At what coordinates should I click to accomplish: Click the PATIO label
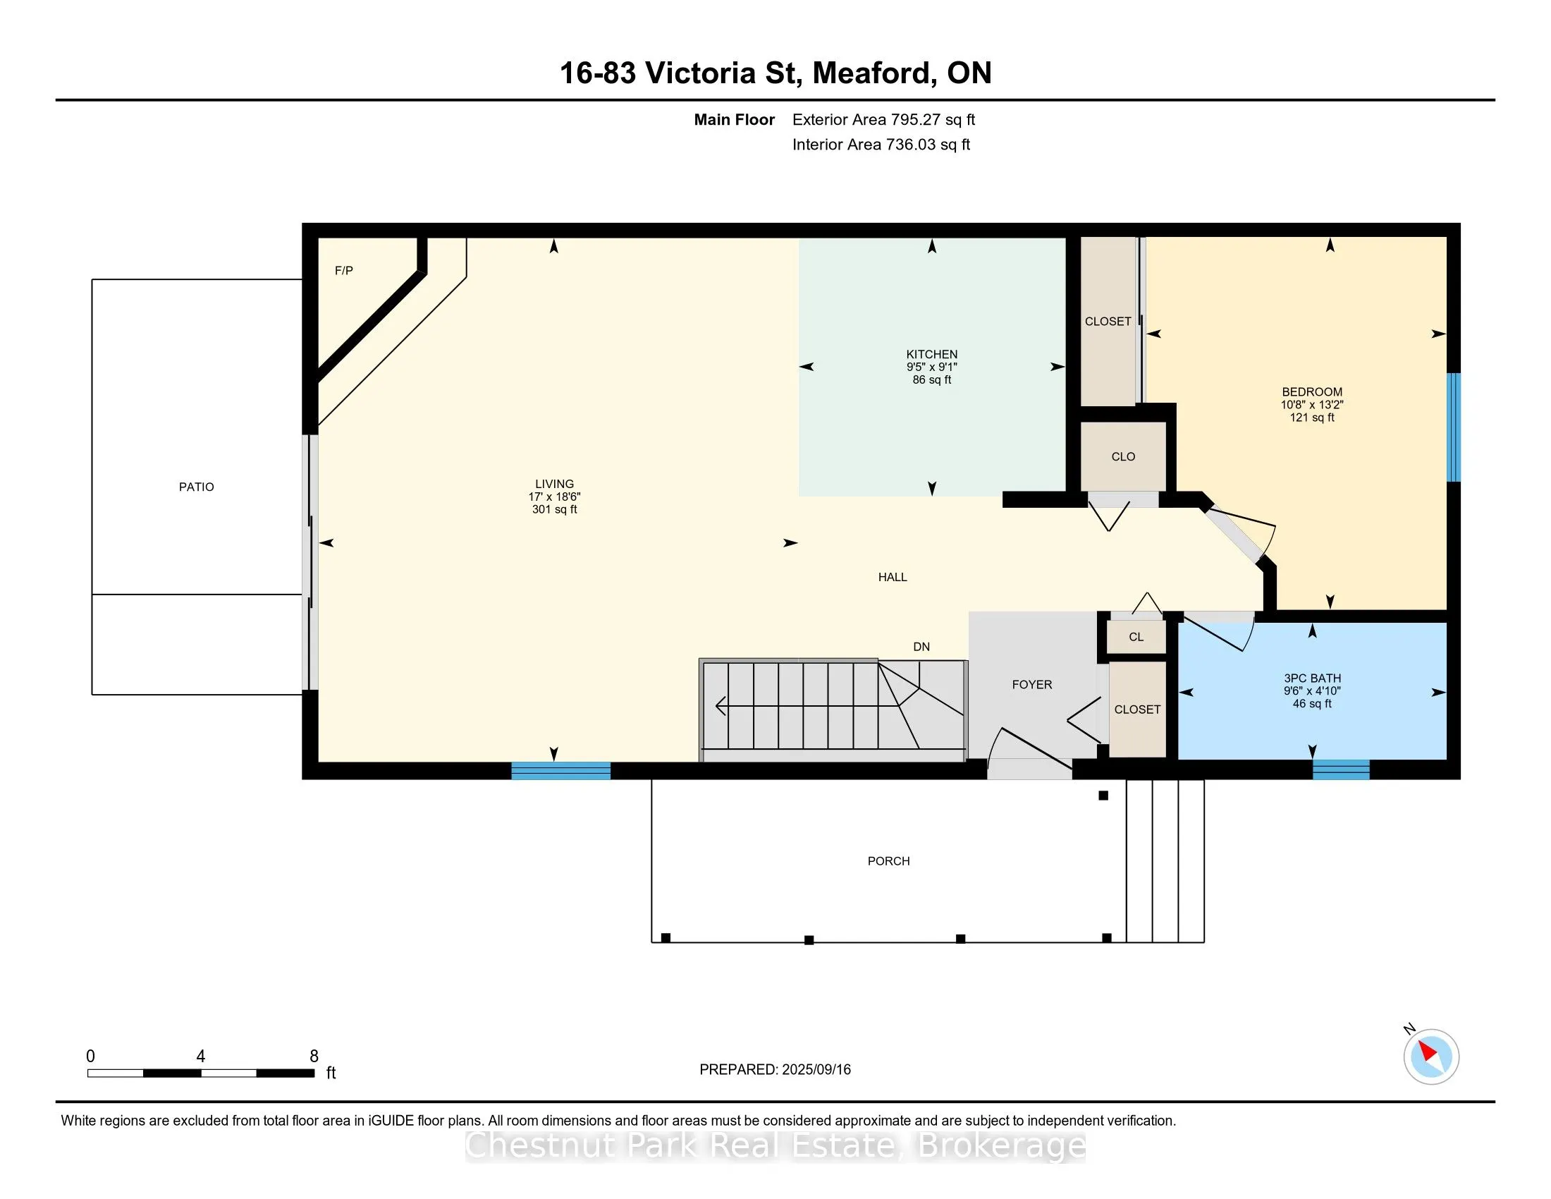click(196, 487)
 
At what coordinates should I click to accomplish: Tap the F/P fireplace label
click(344, 271)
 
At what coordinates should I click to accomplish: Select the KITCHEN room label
click(932, 354)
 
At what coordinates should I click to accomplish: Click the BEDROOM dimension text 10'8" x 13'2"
click(1312, 405)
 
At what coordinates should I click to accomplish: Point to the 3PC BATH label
click(1312, 678)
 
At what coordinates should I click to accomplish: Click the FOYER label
click(1032, 685)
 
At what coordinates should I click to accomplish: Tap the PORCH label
click(888, 861)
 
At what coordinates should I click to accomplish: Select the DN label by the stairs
click(921, 646)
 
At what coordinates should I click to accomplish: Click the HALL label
click(893, 577)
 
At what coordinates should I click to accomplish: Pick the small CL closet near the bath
click(1136, 636)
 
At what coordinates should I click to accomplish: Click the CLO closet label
click(1123, 457)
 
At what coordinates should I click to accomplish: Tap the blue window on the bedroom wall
click(1454, 427)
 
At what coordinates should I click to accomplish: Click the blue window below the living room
click(561, 771)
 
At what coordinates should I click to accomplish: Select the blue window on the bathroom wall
click(1341, 770)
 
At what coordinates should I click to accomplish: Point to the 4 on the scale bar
click(201, 1057)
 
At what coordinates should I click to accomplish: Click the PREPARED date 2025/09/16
click(816, 1070)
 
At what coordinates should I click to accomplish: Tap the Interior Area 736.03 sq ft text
click(881, 144)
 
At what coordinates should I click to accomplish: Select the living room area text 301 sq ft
click(554, 509)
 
